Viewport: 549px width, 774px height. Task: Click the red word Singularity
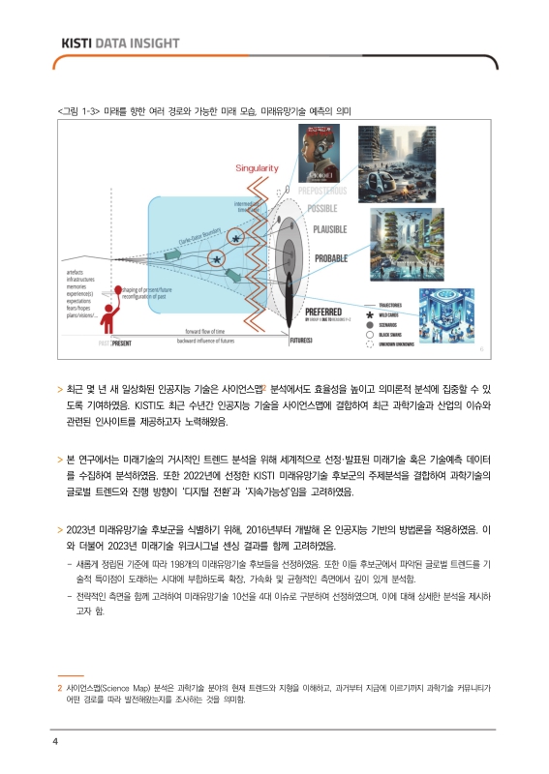click(x=257, y=168)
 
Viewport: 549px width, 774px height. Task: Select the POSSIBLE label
click(x=328, y=208)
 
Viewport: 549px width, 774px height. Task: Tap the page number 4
click(x=56, y=741)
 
